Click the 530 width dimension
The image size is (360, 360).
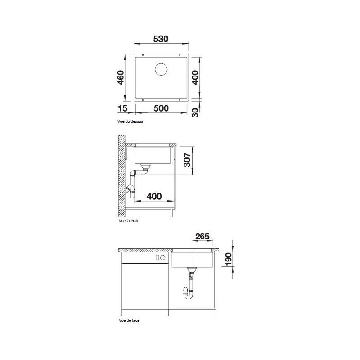pyautogui.click(x=161, y=40)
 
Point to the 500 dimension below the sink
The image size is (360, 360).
pyautogui.click(x=161, y=109)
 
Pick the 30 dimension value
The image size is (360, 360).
pyautogui.click(x=195, y=112)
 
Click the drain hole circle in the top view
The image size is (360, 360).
pyautogui.click(x=161, y=69)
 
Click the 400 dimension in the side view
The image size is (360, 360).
pyautogui.click(x=154, y=196)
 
